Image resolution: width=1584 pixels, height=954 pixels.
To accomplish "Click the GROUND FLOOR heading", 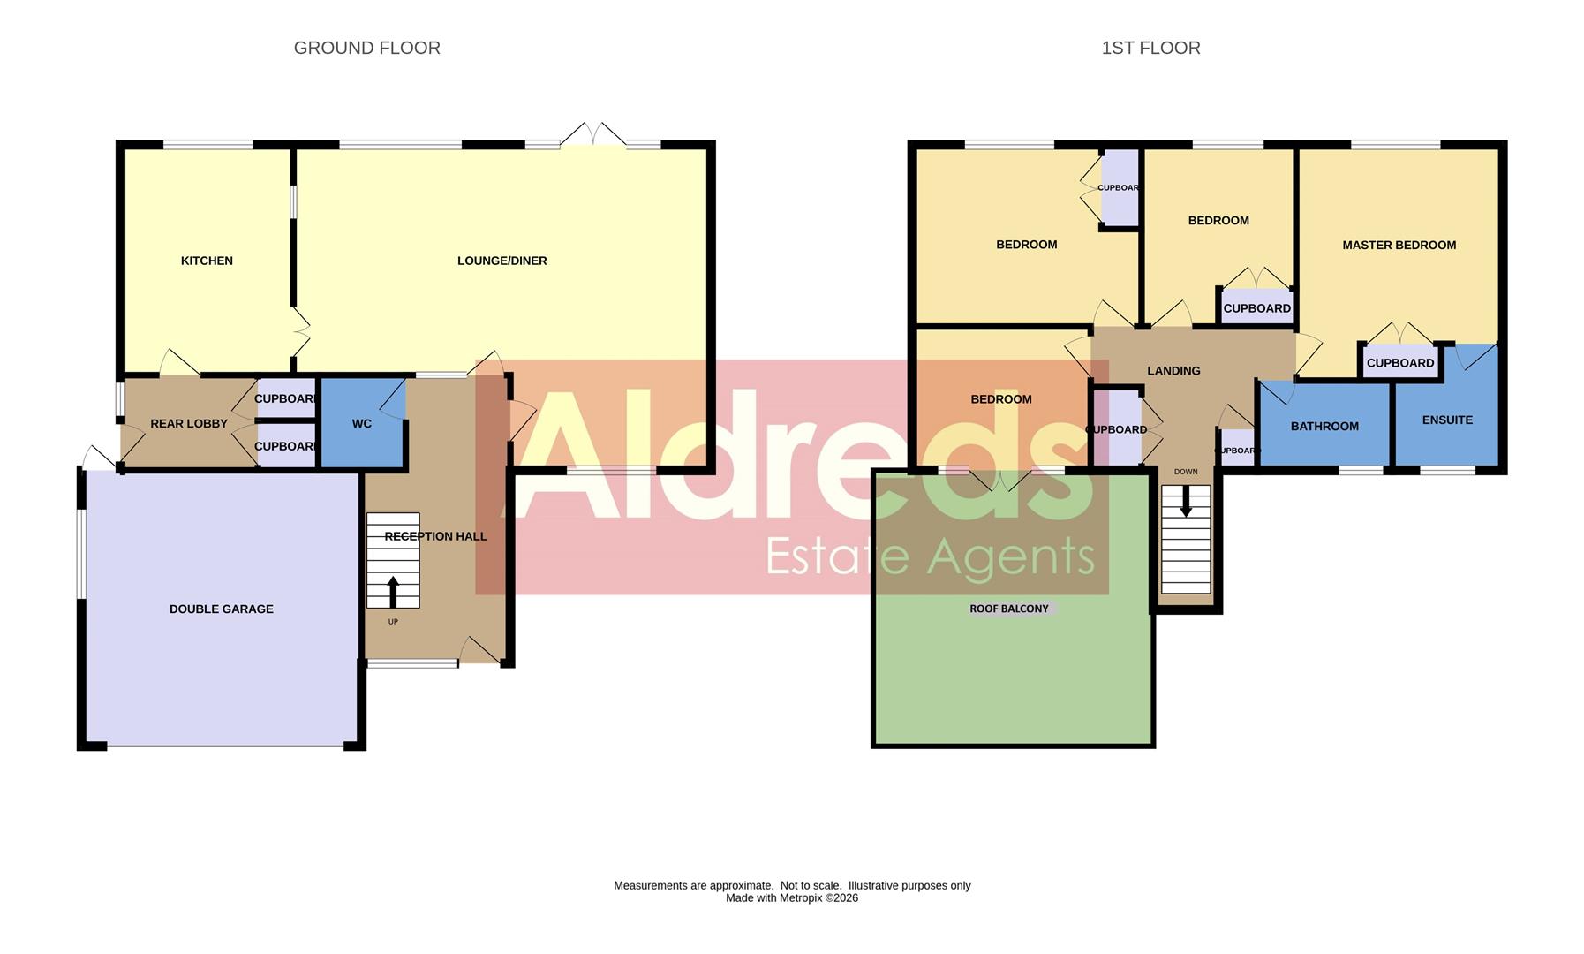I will coord(366,48).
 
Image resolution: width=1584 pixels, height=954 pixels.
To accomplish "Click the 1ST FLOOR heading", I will coord(1150,48).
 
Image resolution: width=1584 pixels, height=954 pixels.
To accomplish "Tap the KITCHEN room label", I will coord(207,261).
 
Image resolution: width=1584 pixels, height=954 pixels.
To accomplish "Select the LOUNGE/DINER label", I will coord(502,261).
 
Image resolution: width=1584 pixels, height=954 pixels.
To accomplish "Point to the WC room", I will coord(362,424).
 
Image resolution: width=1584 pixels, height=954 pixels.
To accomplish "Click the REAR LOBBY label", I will coord(189,424).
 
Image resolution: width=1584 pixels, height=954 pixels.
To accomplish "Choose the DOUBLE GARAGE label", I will coord(221,609).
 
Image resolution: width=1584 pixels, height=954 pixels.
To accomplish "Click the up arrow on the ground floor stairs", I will coord(393,592).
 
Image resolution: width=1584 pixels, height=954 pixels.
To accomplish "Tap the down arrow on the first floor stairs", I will coord(1186,503).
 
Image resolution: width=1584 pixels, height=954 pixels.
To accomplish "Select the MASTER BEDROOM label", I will coord(1399,245).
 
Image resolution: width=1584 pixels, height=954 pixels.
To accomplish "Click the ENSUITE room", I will coord(1447,420).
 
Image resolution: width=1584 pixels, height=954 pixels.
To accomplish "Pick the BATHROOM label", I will coord(1324,426).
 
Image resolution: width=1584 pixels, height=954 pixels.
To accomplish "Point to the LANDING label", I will coord(1173,371).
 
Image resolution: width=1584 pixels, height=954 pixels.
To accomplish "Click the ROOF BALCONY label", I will coord(1009,609).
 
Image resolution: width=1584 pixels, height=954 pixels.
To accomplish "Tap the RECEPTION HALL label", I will coord(435,536).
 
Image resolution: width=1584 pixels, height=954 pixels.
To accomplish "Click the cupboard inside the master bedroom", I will coord(1399,362).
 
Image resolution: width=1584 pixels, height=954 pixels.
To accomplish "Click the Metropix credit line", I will coord(791,898).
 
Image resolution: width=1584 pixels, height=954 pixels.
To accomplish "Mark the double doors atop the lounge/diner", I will coord(593,134).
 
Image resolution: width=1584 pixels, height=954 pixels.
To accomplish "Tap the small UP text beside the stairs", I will coord(393,622).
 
